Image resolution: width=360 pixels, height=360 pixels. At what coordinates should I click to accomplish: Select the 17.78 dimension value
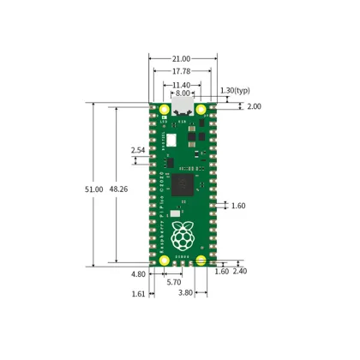[179, 71]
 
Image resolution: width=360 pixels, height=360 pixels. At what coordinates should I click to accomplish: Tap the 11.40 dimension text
[179, 85]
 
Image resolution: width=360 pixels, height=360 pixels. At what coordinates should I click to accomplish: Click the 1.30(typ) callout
[235, 90]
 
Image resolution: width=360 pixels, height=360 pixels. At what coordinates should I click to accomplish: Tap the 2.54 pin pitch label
[138, 151]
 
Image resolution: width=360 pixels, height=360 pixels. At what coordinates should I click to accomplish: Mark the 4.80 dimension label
[138, 274]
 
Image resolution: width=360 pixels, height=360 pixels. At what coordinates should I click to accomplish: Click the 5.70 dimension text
[173, 282]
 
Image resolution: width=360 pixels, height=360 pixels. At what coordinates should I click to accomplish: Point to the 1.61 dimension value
[140, 293]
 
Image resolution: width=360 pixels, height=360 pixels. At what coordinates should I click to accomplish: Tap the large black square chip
[183, 186]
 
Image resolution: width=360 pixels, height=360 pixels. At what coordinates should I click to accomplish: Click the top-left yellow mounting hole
[161, 111]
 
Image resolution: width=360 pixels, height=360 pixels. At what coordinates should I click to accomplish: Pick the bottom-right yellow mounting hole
[201, 261]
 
